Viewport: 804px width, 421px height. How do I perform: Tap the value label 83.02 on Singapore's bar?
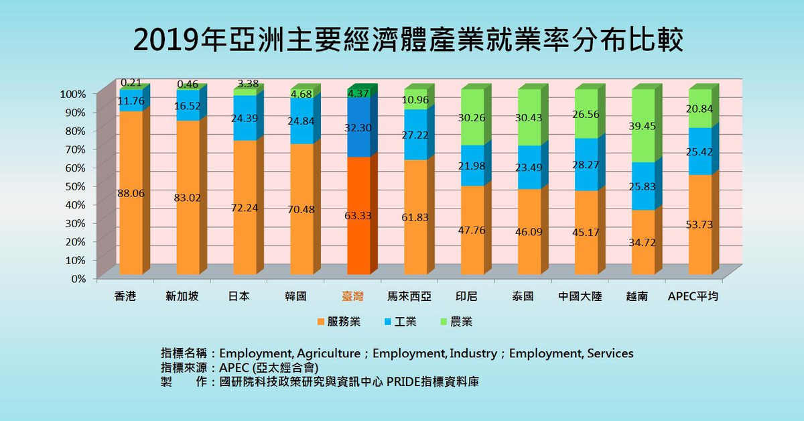click(188, 198)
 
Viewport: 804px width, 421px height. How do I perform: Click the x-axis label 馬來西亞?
click(413, 296)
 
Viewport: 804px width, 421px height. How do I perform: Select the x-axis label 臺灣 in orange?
click(356, 296)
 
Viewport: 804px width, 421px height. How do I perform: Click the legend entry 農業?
click(457, 322)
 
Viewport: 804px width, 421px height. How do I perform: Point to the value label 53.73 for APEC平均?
click(699, 225)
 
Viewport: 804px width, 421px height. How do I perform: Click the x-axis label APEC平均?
click(693, 296)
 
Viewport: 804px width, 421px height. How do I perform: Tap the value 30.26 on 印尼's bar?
click(472, 117)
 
